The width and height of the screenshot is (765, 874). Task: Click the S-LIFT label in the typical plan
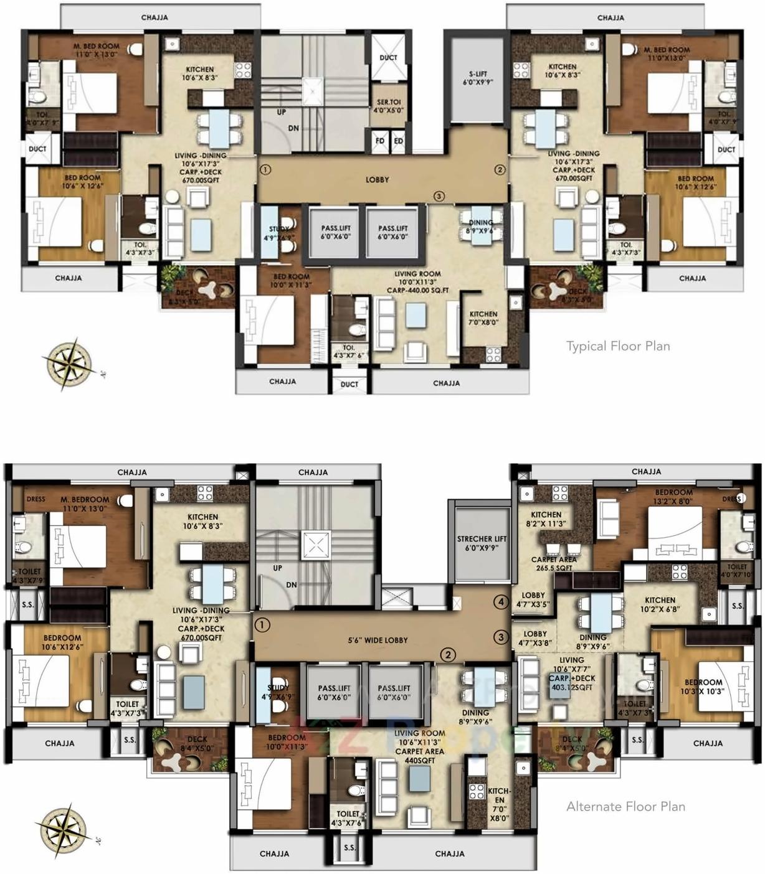pos(478,78)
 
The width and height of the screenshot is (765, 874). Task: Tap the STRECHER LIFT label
pos(482,543)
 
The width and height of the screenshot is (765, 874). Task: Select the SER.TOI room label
pos(389,106)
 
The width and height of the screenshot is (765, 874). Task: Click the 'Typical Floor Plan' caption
pos(618,346)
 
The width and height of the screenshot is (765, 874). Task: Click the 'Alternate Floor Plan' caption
pos(625,807)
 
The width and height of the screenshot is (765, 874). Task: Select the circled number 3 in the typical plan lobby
pos(439,197)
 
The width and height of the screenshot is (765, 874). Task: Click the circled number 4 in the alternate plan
pos(501,602)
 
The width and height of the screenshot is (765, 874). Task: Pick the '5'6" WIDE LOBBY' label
pos(378,640)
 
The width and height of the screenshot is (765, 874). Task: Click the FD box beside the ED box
pos(380,141)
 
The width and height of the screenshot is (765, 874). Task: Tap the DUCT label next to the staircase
pos(388,57)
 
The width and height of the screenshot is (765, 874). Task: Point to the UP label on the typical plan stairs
pos(282,113)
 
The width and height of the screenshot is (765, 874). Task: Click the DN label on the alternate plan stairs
pos(292,585)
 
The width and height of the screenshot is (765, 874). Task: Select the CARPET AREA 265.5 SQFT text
pos(553,563)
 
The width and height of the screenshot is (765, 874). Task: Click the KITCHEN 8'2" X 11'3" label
pos(546,519)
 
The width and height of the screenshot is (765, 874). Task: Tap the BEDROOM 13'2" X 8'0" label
pos(673,497)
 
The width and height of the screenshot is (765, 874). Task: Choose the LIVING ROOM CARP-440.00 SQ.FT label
pos(417,282)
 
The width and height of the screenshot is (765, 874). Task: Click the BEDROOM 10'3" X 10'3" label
pos(704,687)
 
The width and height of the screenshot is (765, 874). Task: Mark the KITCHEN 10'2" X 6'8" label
pos(660,604)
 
